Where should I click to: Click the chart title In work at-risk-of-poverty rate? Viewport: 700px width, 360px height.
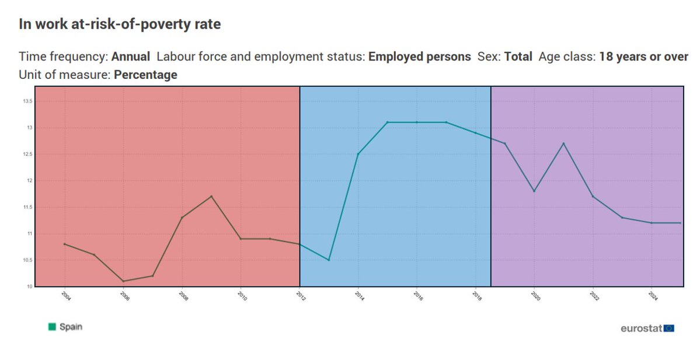pos(120,24)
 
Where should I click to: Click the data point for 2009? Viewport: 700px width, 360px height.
pos(211,196)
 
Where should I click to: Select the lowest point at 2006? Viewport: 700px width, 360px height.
pos(123,281)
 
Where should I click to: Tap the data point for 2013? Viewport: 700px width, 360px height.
pos(329,260)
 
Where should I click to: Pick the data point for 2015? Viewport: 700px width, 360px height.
pos(388,122)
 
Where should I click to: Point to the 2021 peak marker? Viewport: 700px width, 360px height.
pos(563,143)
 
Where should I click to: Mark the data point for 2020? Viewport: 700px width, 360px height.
pos(534,191)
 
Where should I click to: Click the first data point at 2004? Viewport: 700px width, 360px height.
pos(64,244)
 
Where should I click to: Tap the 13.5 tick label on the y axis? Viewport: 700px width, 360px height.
pos(27,102)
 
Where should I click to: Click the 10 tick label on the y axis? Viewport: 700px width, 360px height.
pos(30,286)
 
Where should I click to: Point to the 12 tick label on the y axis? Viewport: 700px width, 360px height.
pos(30,181)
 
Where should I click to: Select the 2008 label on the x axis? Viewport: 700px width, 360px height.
pos(183,296)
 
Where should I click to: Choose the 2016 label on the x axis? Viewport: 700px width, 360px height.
pos(418,296)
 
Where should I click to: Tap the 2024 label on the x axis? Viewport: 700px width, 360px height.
pos(653,296)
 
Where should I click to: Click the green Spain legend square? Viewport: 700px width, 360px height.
pos(52,327)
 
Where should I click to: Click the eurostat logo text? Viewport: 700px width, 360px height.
pos(641,328)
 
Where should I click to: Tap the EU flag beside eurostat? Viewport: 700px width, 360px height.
pos(668,328)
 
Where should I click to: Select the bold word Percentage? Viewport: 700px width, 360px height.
pos(145,75)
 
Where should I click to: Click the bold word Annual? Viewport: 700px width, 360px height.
pos(130,57)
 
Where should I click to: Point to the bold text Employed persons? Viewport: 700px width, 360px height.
pos(420,57)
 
